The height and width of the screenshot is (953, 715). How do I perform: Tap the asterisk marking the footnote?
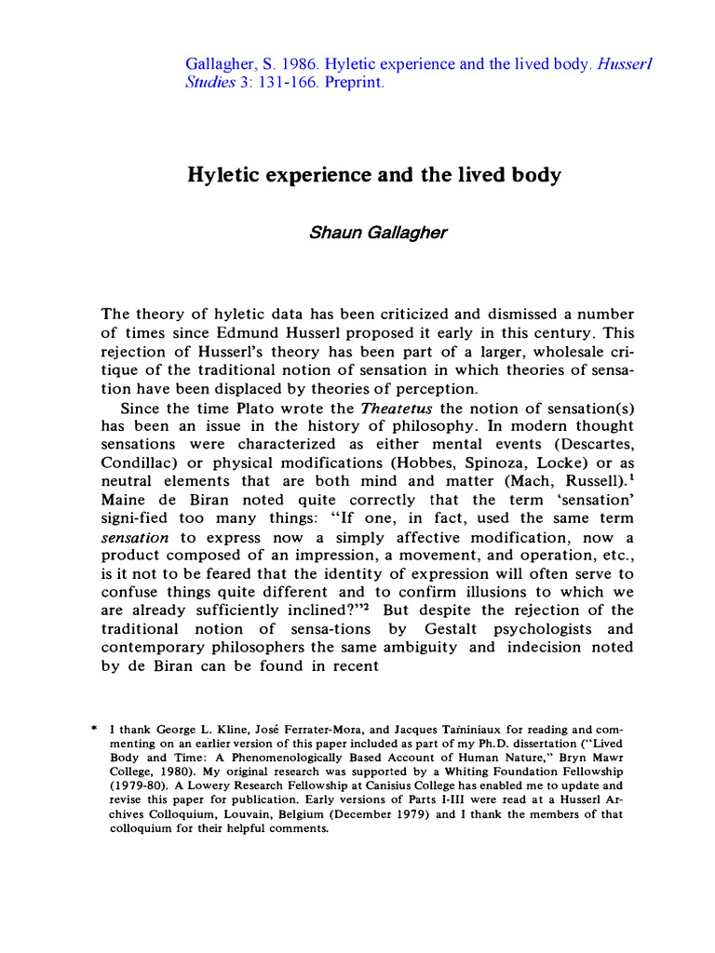93,732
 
